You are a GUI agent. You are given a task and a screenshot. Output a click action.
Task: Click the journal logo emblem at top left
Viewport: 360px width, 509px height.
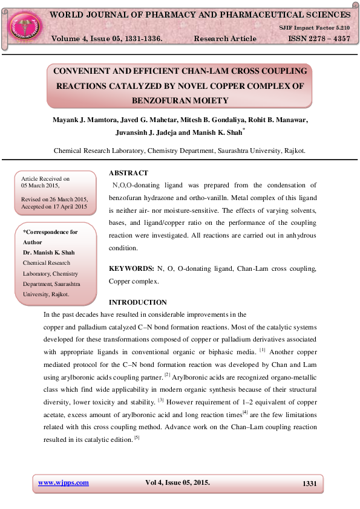tap(24, 25)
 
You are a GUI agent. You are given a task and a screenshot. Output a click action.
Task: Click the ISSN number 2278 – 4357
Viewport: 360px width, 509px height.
tap(315, 39)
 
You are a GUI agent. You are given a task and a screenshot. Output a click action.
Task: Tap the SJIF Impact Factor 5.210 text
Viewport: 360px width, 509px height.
tap(314, 28)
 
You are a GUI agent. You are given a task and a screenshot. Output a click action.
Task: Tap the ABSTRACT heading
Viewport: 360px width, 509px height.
tap(128, 173)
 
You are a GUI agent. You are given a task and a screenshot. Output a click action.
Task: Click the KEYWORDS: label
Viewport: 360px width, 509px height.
tap(131, 268)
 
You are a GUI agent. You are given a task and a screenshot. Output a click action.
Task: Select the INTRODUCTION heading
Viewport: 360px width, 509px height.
tap(137, 302)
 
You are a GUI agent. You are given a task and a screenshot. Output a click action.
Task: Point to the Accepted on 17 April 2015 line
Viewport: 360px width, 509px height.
tap(54, 207)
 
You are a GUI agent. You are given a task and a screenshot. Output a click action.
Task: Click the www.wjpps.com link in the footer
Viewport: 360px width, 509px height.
tap(64, 482)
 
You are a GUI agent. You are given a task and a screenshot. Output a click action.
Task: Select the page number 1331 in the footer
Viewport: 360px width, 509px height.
tap(309, 483)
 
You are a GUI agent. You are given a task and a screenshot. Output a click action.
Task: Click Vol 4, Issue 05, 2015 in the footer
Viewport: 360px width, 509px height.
tap(178, 482)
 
